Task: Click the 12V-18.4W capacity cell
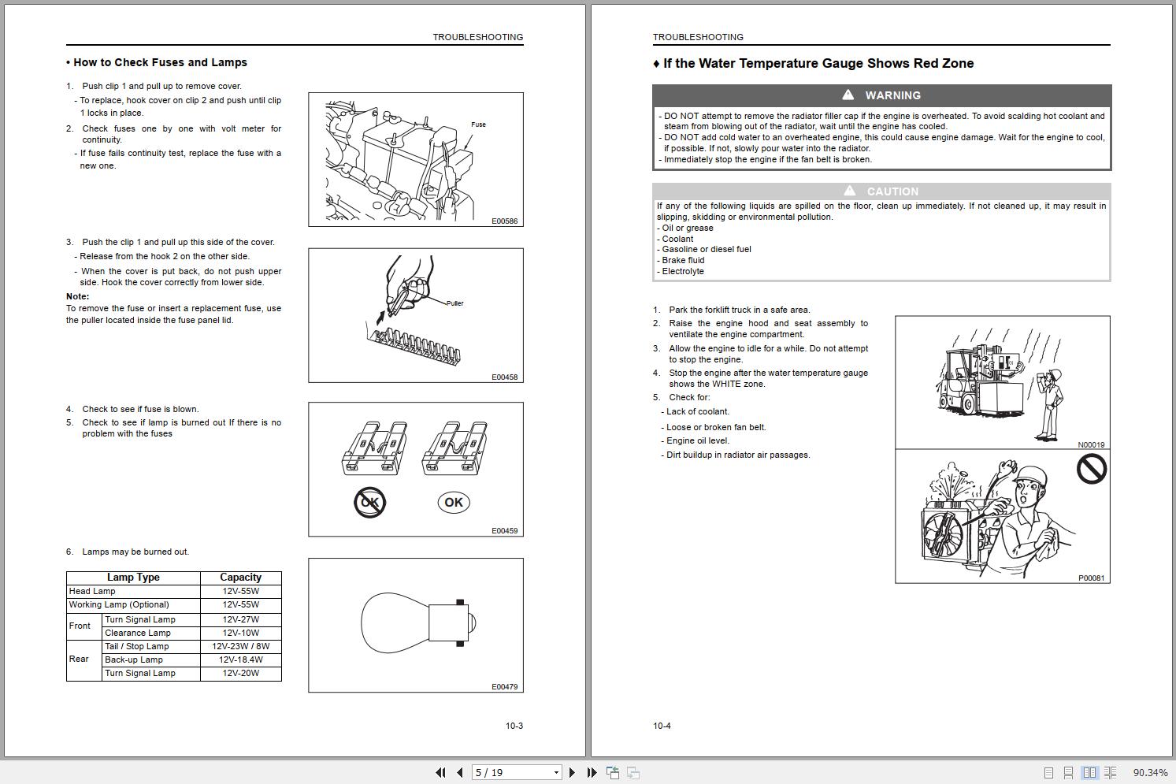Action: pos(240,660)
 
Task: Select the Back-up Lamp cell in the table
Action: pos(134,660)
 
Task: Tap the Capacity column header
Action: pos(240,578)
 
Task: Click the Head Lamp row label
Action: pos(92,591)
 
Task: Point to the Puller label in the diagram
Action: pos(454,303)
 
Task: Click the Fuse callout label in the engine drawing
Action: pos(478,124)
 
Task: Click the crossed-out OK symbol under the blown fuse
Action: pos(369,503)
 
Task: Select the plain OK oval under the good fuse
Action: pos(454,503)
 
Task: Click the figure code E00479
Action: pos(504,687)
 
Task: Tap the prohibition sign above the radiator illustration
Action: pos(1092,470)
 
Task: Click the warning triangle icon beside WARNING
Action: pos(848,95)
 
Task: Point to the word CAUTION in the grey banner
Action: pos(892,191)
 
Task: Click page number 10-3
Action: pos(514,726)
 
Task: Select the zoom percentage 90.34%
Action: pos(1150,773)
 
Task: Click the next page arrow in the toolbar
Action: pos(572,773)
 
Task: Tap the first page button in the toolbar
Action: pos(440,773)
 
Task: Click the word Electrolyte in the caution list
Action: pos(683,271)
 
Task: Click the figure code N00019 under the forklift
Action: pos(1091,445)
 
